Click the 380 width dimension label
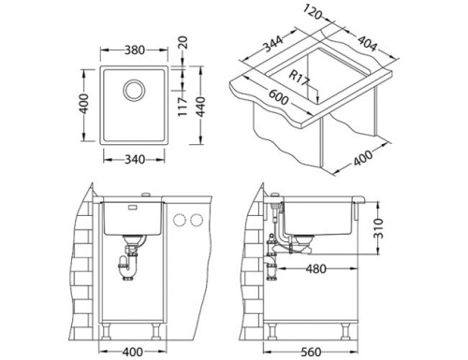[135, 50]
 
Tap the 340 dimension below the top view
[135, 160]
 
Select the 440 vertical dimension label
[200, 107]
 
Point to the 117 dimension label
[183, 107]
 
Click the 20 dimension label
[184, 42]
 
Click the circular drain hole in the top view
[135, 90]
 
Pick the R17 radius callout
[299, 79]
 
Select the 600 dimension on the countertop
[278, 97]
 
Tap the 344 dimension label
[273, 44]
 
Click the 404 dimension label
[367, 44]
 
